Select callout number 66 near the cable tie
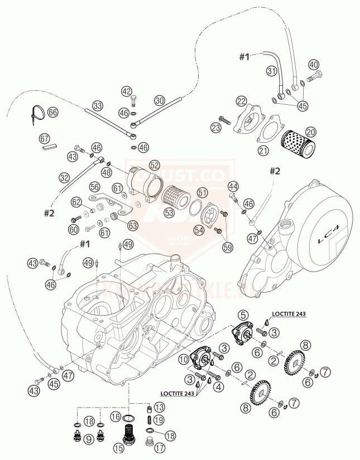[x=52, y=112]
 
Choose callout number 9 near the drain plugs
[x=89, y=439]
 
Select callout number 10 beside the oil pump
[x=185, y=358]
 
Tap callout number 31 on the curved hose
[x=272, y=71]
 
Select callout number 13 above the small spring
[x=160, y=406]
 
